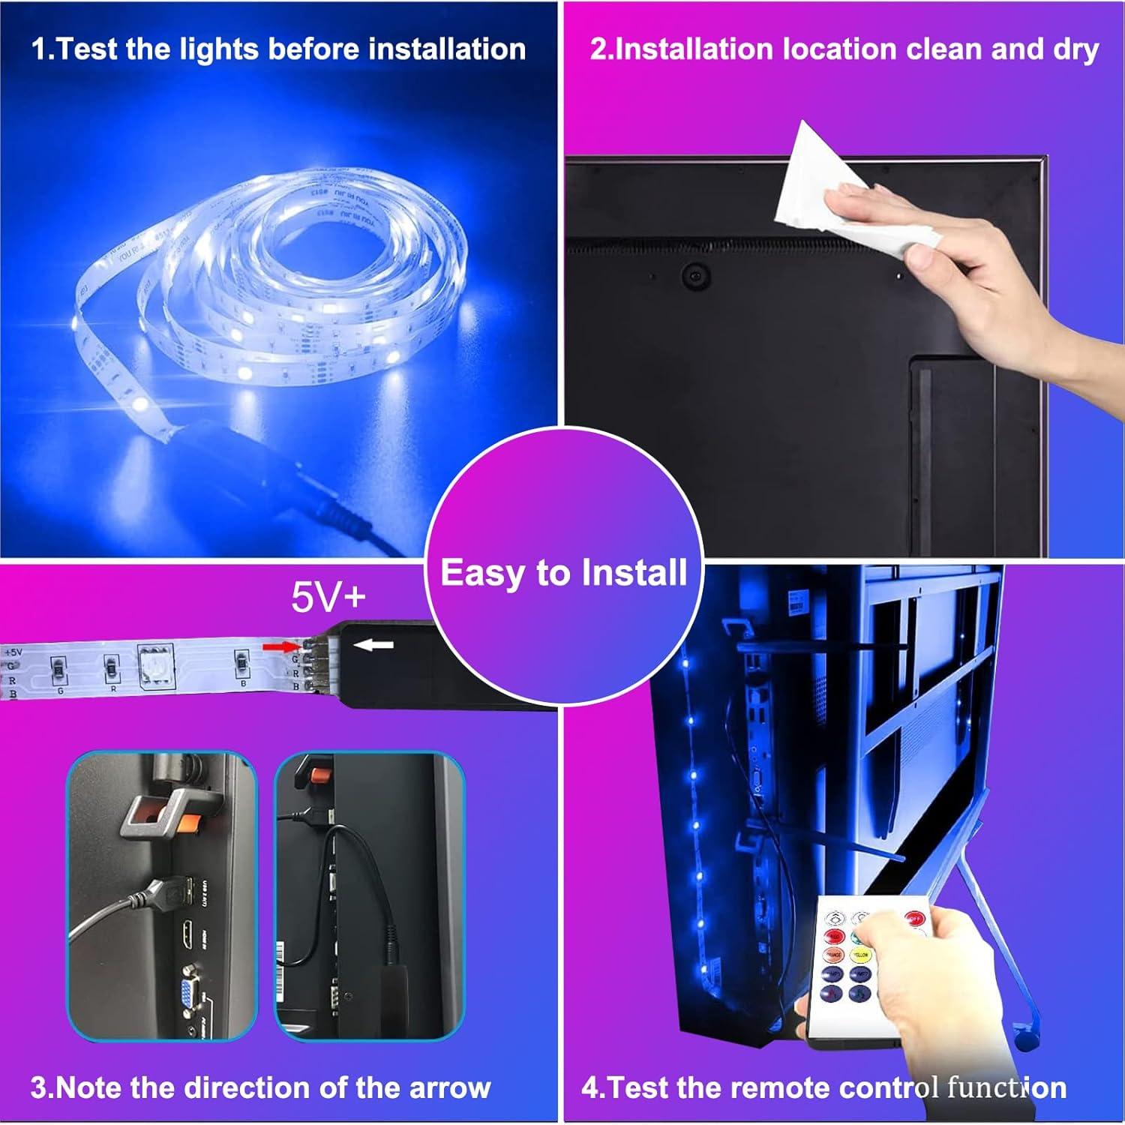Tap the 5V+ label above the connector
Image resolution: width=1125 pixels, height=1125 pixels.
tap(328, 598)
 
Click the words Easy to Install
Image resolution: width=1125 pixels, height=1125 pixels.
tap(563, 572)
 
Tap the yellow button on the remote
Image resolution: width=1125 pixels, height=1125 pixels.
tap(860, 955)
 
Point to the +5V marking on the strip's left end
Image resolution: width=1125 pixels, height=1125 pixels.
tap(13, 652)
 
